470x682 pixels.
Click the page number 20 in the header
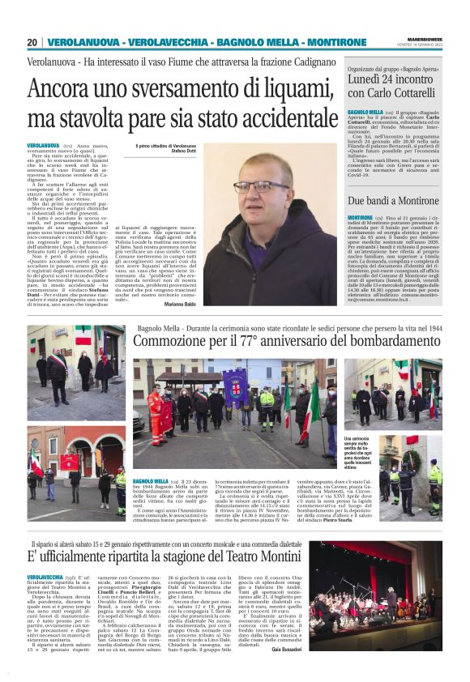pyautogui.click(x=32, y=42)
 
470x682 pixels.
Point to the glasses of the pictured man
pyautogui.click(x=249, y=188)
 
